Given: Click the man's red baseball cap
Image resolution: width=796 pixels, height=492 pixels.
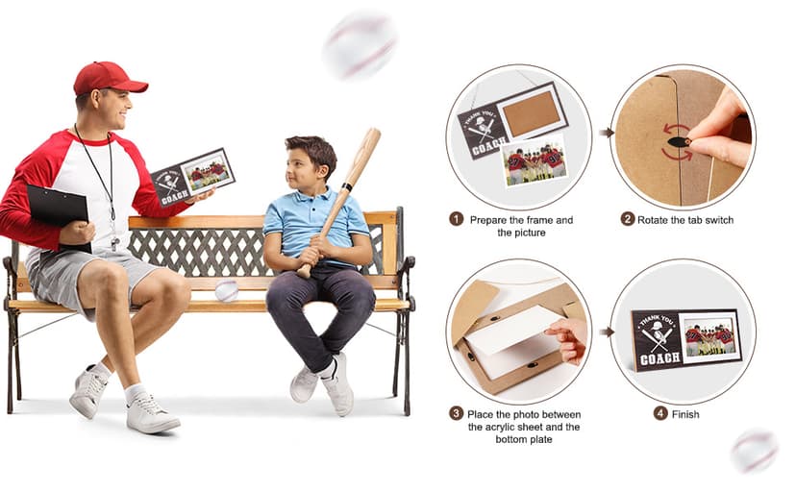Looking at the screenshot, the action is point(110,78).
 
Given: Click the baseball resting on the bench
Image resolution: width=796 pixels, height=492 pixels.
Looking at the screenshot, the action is point(227,290).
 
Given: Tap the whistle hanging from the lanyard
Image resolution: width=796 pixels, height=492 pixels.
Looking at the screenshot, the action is point(115,242).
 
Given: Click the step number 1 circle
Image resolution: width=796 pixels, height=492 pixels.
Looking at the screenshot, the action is point(457,219).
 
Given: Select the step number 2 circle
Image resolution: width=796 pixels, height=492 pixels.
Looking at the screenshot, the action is point(628,219).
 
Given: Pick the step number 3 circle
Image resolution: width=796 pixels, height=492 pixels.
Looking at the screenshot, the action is point(456,413).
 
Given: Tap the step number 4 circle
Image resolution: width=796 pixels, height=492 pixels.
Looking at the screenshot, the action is point(659,413).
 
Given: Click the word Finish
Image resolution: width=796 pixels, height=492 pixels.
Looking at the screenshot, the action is point(685,414).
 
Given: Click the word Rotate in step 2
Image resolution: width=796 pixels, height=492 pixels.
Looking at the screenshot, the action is point(653,220).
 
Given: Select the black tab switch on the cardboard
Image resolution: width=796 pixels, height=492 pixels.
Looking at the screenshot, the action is point(677,141).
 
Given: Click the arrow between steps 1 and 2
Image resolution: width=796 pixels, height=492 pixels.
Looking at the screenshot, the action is point(607,133).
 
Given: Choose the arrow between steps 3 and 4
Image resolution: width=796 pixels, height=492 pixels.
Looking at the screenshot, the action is point(607,332).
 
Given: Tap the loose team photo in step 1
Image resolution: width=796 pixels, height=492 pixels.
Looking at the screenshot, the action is point(535,160).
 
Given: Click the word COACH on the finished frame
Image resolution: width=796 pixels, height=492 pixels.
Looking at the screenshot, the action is point(659,358).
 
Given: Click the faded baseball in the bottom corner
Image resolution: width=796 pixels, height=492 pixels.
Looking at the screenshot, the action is point(755,451).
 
